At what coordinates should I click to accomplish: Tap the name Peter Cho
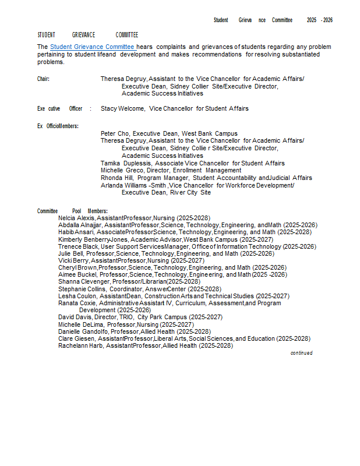coord(114,133)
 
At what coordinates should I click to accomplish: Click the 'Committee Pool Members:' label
coord(72,211)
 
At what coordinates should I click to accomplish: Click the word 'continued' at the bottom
coord(301,353)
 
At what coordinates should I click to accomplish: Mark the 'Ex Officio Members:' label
coord(58,126)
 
